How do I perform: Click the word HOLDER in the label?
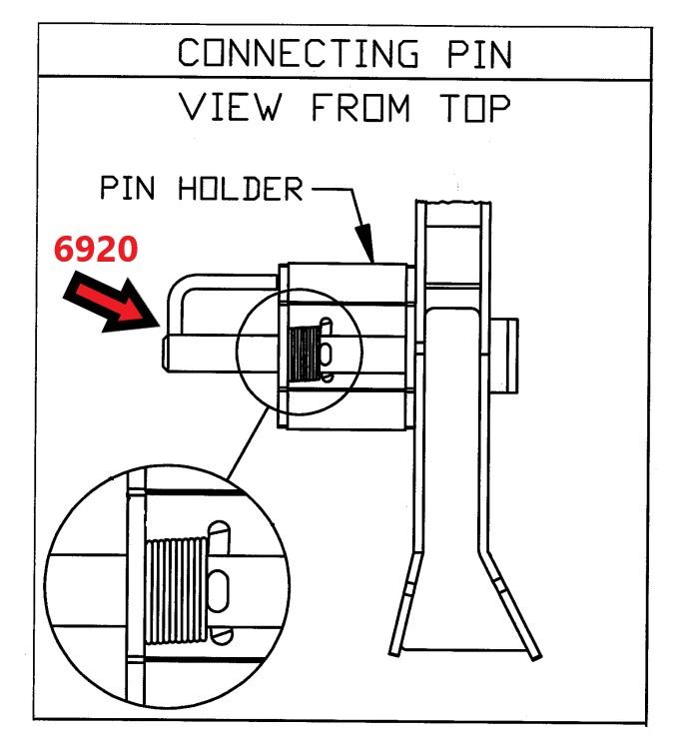(241, 189)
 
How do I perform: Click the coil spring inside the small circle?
(302, 355)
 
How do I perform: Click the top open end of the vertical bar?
(455, 204)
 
